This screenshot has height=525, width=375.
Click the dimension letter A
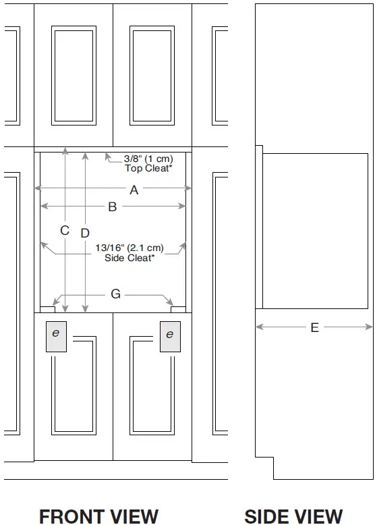click(x=134, y=190)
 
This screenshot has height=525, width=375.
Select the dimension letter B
click(x=113, y=207)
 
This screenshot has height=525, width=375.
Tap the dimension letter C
click(x=65, y=230)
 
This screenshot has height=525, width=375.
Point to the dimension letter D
click(x=85, y=233)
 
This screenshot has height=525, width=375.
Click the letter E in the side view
click(x=314, y=327)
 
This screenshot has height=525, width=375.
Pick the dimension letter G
click(x=115, y=294)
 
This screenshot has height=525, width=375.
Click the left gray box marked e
click(x=56, y=337)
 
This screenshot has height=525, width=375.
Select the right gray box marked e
click(x=170, y=337)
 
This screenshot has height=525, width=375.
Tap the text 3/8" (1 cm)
click(x=148, y=159)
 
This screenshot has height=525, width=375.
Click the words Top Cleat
click(x=148, y=168)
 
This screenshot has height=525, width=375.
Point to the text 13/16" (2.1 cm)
click(x=129, y=248)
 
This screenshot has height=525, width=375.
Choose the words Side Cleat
click(x=129, y=258)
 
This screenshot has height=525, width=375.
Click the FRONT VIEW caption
click(x=98, y=516)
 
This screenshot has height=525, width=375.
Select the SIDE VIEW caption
click(x=293, y=516)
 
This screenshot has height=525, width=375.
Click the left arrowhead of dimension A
click(x=38, y=188)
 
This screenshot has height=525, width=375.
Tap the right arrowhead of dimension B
click(x=182, y=206)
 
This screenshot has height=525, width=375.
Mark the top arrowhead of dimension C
click(x=65, y=151)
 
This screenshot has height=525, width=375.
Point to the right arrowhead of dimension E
click(x=369, y=327)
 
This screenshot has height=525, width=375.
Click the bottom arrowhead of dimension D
click(x=85, y=308)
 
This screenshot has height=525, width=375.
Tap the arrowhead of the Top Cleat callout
click(x=108, y=156)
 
